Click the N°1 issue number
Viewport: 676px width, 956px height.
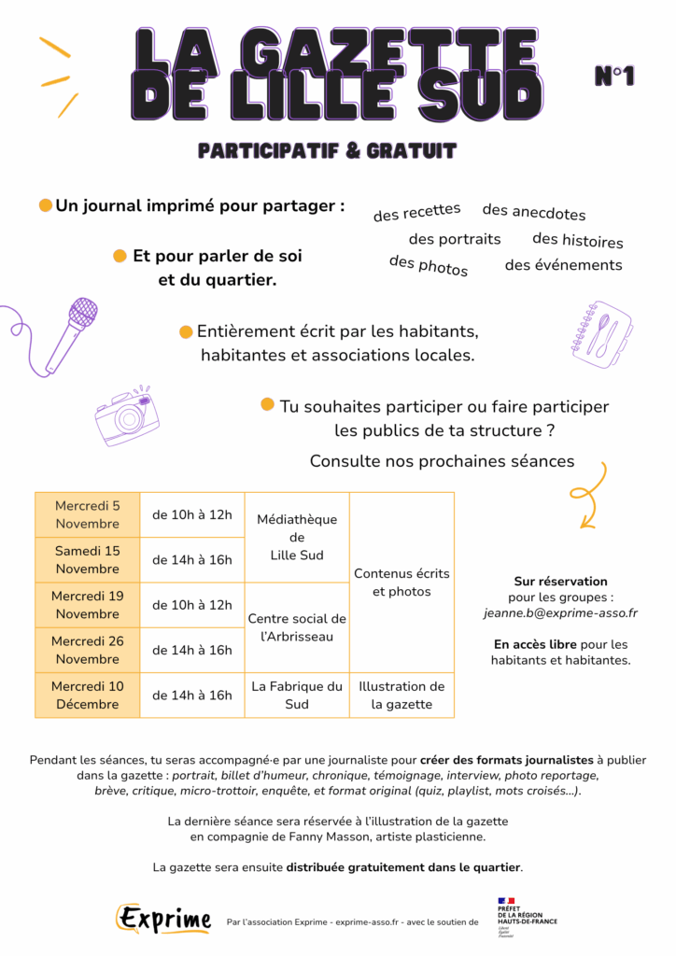[614, 77]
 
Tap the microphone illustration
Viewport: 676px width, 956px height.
[70, 331]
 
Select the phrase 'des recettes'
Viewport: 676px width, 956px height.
[416, 212]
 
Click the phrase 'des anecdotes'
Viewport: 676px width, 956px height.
[534, 212]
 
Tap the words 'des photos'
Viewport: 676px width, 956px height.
[429, 266]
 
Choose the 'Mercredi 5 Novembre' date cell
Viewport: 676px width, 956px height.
[88, 514]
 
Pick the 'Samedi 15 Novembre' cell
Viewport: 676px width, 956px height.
[88, 559]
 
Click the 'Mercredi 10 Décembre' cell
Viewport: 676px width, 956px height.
[88, 695]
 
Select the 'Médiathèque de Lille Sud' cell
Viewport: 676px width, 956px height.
[297, 537]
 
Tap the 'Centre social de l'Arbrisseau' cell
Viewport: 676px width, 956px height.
[297, 627]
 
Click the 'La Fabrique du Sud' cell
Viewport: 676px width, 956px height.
[297, 695]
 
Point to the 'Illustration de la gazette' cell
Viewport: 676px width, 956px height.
[401, 695]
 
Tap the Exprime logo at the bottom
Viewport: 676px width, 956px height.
[164, 919]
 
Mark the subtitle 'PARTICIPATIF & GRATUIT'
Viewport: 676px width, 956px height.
[327, 150]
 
